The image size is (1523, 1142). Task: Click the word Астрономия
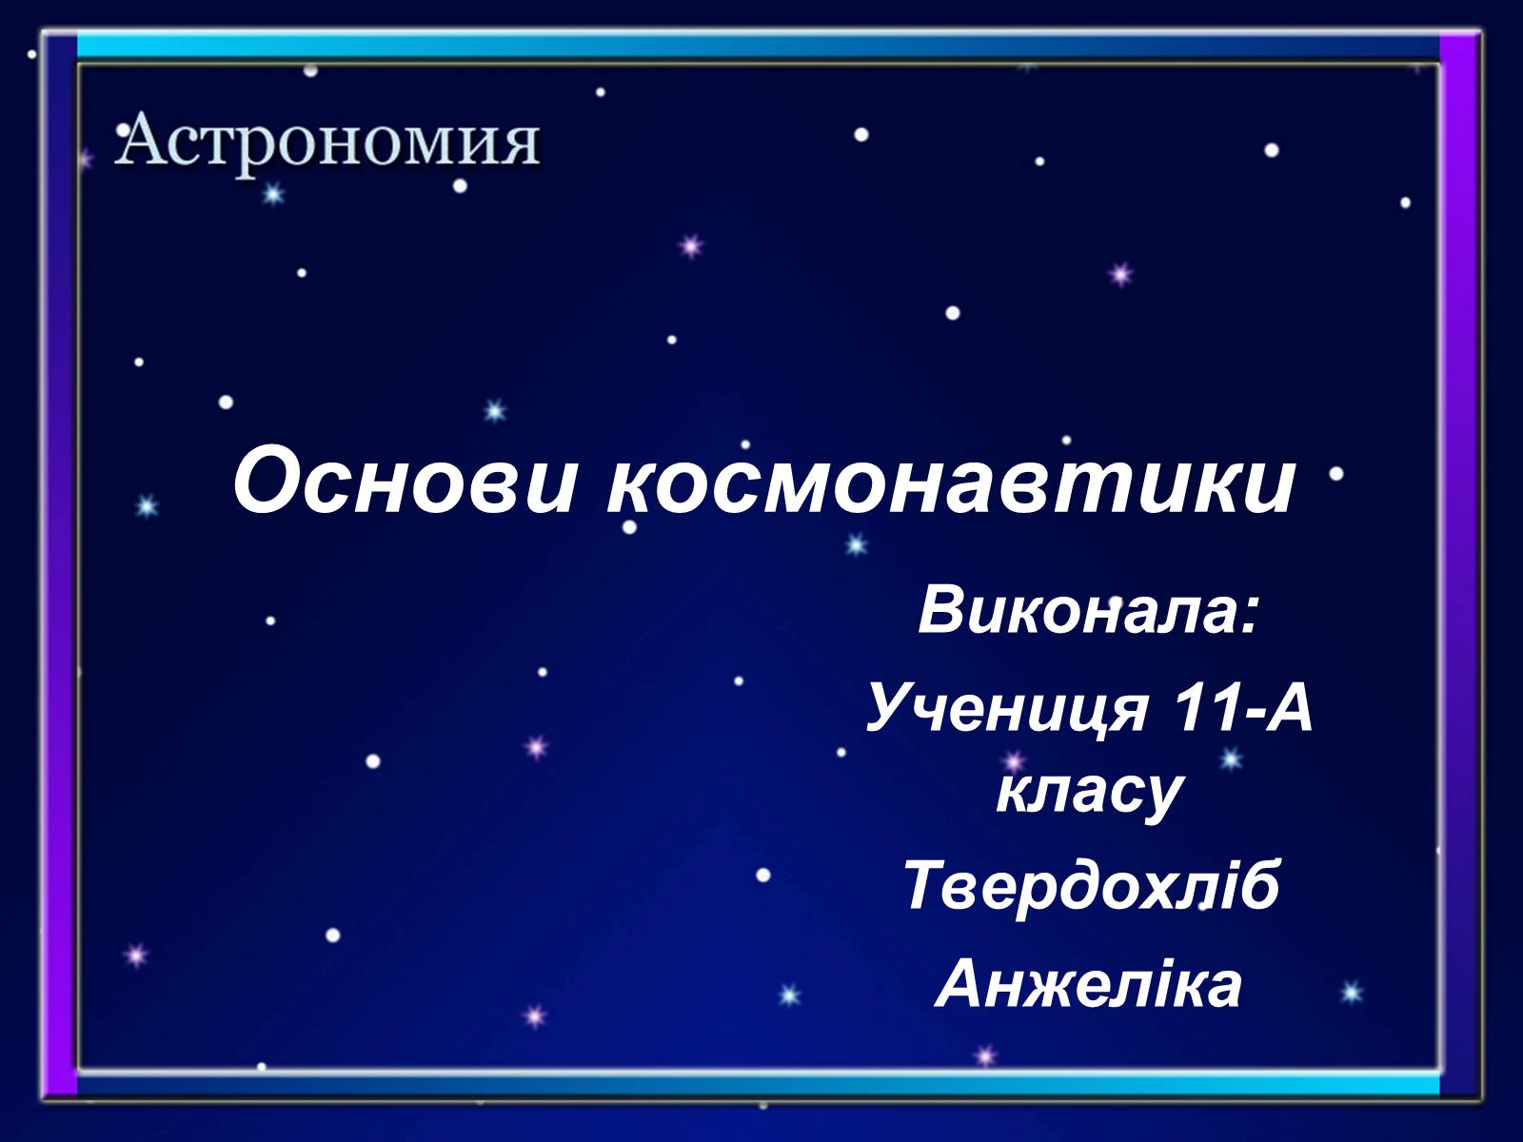click(x=326, y=141)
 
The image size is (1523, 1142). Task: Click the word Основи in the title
click(x=404, y=482)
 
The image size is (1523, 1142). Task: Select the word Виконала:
click(x=1088, y=611)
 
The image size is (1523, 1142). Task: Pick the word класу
click(x=1088, y=795)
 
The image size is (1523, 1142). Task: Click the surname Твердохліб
click(x=1091, y=885)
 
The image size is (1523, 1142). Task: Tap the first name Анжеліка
click(x=1089, y=984)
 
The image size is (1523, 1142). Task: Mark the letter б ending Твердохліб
click(x=1256, y=885)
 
